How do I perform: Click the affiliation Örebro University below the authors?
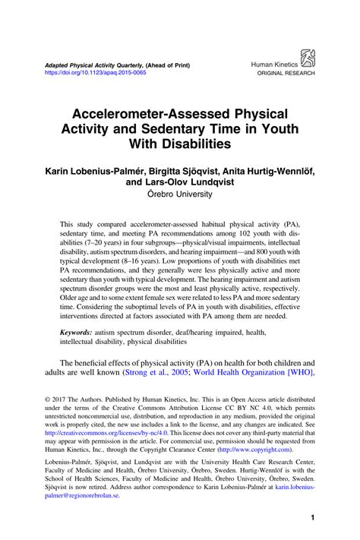point(180,194)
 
